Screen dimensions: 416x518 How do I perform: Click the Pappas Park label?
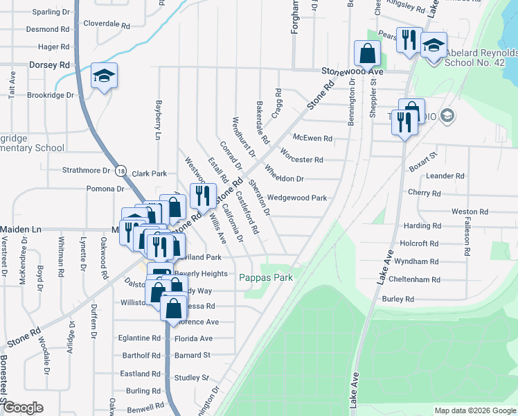[x=266, y=277]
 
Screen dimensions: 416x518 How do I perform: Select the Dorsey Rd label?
[x=49, y=64]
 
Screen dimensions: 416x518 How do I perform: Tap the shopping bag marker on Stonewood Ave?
[x=367, y=53]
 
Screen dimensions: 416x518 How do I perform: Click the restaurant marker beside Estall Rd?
[x=202, y=195]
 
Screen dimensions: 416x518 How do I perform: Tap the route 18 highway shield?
[x=121, y=171]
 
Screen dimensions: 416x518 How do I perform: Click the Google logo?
[x=24, y=408]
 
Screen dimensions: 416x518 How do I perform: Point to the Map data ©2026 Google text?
[x=474, y=410]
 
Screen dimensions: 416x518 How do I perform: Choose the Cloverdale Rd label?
[x=107, y=24]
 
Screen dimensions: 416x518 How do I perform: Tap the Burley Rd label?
[x=398, y=299]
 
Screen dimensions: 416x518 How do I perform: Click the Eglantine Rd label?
[x=139, y=338]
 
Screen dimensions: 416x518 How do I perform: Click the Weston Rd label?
[x=465, y=211]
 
